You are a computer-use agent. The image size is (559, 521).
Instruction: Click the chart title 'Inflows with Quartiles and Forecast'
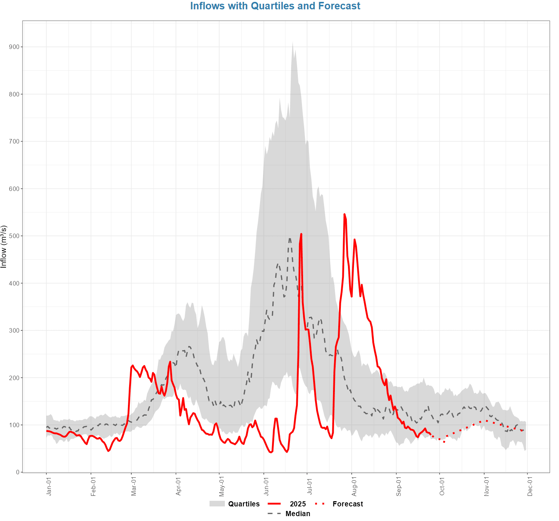tap(275, 6)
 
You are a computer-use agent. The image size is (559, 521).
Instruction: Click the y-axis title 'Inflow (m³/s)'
tap(4, 247)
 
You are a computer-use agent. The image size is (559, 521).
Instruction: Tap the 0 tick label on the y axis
tap(18, 472)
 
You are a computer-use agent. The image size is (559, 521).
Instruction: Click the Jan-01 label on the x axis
tap(49, 486)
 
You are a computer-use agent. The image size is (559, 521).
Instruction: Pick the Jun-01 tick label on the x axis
tap(266, 486)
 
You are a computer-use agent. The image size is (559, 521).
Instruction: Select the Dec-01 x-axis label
tap(530, 486)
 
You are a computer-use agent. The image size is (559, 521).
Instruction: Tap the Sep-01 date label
tap(399, 486)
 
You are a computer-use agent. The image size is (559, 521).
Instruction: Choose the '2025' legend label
tap(298, 504)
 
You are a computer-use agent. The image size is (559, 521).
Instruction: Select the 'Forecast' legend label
tap(348, 504)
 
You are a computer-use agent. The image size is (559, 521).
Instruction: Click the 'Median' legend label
tap(298, 514)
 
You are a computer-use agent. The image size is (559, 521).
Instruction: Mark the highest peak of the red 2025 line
tap(345, 214)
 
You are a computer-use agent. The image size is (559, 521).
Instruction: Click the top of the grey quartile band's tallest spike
tap(293, 42)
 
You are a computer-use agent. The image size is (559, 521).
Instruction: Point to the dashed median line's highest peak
tap(290, 238)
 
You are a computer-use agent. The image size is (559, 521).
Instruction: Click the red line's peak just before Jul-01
tap(301, 234)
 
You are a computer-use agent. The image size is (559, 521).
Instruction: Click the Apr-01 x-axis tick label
tap(178, 486)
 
